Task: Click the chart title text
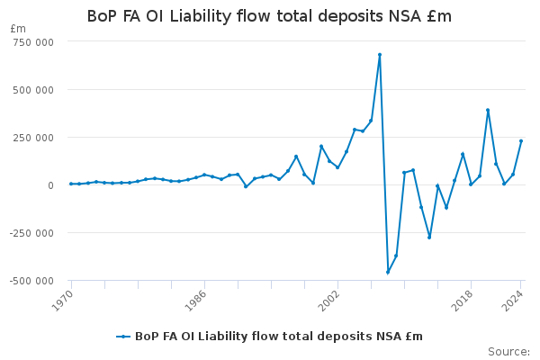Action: click(x=269, y=16)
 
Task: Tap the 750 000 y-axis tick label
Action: click(x=33, y=42)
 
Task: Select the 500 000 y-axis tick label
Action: click(x=33, y=90)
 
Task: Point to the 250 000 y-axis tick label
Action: click(x=33, y=138)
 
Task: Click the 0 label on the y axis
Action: click(x=51, y=185)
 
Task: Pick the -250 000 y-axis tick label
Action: click(x=31, y=233)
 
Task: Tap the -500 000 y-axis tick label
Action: click(x=31, y=281)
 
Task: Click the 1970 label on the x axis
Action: click(x=62, y=301)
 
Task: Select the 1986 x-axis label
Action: click(x=195, y=301)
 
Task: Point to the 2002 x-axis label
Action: click(x=328, y=301)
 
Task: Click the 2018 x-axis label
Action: click(x=463, y=301)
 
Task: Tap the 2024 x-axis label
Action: click(x=512, y=301)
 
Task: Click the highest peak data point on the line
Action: click(x=380, y=55)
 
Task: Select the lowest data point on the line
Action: click(x=388, y=272)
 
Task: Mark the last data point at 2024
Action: click(x=521, y=141)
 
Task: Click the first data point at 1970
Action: click(x=71, y=184)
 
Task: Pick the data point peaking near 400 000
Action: click(x=488, y=110)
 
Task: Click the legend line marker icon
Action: click(x=123, y=337)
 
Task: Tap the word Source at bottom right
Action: click(x=508, y=352)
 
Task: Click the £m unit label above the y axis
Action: click(x=18, y=29)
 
